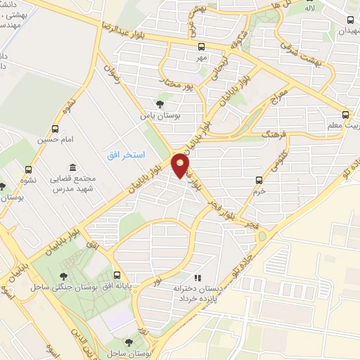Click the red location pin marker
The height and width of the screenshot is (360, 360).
pos(181,165)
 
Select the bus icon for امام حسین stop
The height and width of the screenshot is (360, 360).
pos(56,129)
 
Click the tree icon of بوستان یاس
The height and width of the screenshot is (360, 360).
pos(160,104)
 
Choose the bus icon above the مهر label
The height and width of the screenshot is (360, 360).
pos(202,46)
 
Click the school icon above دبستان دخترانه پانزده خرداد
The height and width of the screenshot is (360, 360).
pos(198,278)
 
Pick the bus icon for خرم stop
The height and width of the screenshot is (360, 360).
pos(259,180)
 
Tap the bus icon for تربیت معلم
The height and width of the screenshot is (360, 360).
pos(345,114)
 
